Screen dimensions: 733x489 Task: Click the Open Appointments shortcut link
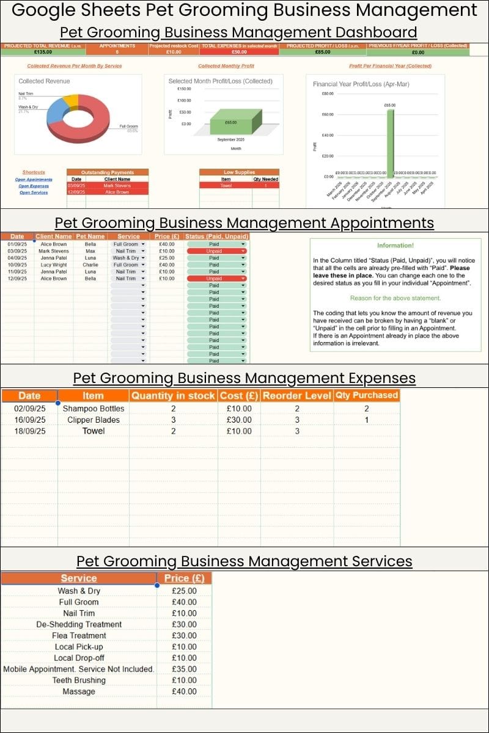click(34, 180)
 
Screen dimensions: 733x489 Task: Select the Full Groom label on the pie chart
click(128, 126)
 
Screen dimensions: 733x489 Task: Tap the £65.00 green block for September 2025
click(231, 122)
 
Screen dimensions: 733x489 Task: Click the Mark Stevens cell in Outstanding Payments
click(117, 186)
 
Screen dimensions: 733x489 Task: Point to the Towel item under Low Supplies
click(226, 186)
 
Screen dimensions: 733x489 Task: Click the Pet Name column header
click(90, 236)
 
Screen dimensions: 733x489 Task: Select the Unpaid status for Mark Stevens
click(216, 251)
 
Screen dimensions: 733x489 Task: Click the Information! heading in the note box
click(395, 246)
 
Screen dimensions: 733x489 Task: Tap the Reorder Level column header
click(296, 396)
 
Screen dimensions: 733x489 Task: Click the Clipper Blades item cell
click(93, 420)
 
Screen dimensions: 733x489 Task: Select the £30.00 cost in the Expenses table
click(235, 420)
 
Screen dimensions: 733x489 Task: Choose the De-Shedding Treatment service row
click(79, 624)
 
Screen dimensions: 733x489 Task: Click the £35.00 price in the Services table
click(184, 669)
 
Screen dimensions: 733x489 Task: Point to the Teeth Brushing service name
click(79, 680)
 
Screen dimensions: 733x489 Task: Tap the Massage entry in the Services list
click(79, 691)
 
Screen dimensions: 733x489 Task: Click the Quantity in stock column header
click(174, 396)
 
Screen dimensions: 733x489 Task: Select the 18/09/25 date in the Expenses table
click(29, 431)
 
